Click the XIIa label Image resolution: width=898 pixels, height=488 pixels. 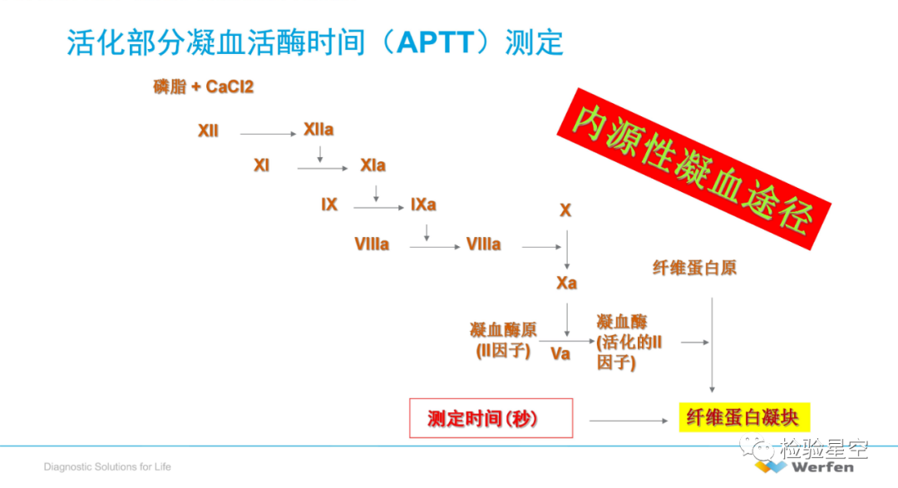318,130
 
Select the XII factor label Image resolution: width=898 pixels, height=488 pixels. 209,131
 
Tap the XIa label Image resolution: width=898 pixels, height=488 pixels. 373,165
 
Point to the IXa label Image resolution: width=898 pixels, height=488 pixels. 423,205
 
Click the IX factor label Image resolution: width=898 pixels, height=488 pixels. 329,205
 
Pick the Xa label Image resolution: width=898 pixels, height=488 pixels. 566,283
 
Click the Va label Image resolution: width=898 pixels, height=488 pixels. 560,353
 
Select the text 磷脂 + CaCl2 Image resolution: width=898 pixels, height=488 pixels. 204,86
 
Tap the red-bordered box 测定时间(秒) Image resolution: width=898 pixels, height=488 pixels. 491,418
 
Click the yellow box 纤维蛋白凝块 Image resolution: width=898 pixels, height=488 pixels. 744,417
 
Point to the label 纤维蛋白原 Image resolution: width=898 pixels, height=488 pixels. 694,268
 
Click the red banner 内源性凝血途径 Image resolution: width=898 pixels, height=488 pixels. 694,169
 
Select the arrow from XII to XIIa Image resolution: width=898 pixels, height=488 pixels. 268,134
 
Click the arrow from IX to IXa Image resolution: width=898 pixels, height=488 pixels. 379,207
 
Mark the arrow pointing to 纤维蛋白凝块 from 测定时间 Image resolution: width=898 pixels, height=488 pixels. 629,421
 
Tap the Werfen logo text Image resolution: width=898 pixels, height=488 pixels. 822,467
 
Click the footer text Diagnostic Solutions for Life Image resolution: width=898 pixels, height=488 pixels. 107,467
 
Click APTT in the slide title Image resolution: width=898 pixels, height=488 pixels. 435,42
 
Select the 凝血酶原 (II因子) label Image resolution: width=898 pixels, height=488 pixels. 503,340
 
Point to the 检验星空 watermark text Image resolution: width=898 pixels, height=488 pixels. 823,448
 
